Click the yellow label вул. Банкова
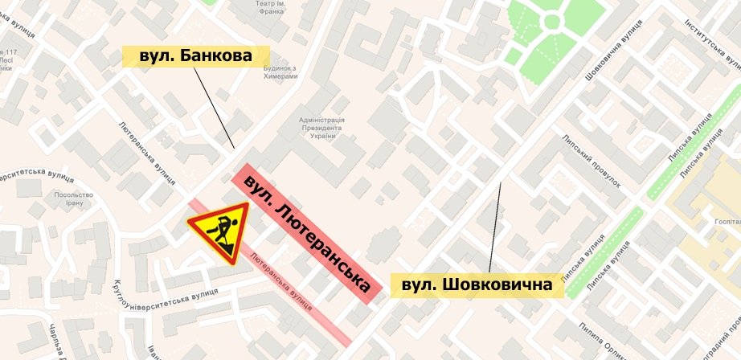pyautogui.click(x=194, y=56)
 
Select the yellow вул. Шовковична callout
pyautogui.click(x=477, y=285)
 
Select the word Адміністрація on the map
pyautogui.click(x=321, y=118)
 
